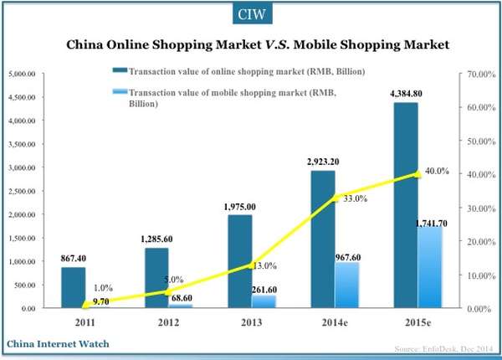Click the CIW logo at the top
click(251, 14)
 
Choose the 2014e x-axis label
click(336, 321)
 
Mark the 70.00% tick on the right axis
click(479, 75)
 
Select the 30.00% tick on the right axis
click(479, 208)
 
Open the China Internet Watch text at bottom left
click(59, 343)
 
